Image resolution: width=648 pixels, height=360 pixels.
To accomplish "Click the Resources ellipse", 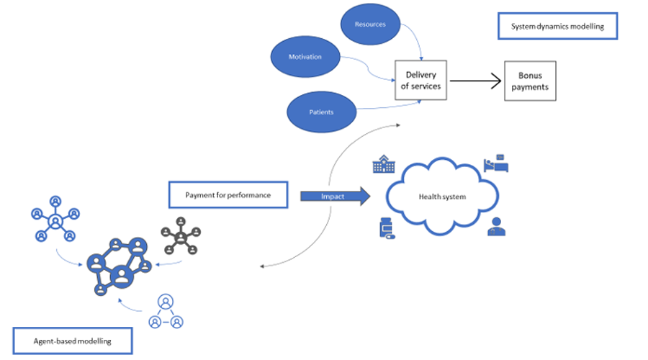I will (x=370, y=24).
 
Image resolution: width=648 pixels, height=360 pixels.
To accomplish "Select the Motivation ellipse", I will (x=305, y=57).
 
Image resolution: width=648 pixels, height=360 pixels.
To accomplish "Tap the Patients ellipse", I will (x=321, y=112).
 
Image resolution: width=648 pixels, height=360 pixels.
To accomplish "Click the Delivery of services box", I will (x=420, y=81).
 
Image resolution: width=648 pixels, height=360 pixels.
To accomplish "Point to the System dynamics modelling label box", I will (x=557, y=27).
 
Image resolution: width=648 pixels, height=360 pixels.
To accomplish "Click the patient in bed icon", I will (x=497, y=165).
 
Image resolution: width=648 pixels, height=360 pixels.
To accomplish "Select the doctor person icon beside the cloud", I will (x=495, y=227).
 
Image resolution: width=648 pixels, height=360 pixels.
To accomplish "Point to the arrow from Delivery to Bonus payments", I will (x=476, y=81).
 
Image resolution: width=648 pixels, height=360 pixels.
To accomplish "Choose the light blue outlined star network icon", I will (x=55, y=218).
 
